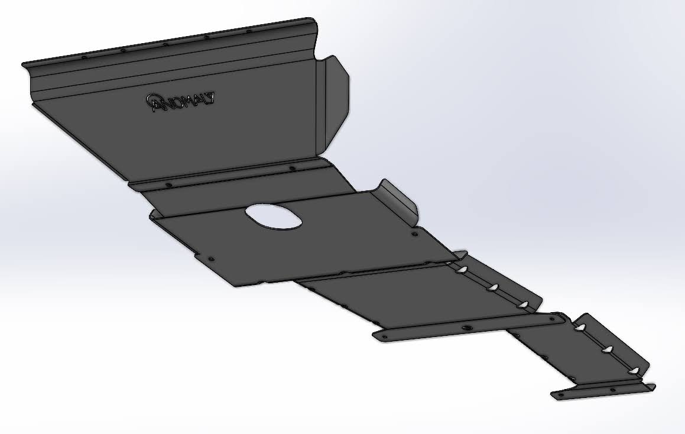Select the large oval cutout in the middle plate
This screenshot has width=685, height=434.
pyautogui.click(x=274, y=216)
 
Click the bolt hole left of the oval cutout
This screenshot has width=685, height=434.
pyautogui.click(x=212, y=258)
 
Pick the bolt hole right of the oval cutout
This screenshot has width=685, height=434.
pyautogui.click(x=414, y=234)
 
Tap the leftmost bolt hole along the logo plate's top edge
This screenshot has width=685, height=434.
pyautogui.click(x=83, y=56)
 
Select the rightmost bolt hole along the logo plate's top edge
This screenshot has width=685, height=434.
pyautogui.click(x=249, y=31)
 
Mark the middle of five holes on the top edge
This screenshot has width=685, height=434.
pyautogui.click(x=165, y=44)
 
